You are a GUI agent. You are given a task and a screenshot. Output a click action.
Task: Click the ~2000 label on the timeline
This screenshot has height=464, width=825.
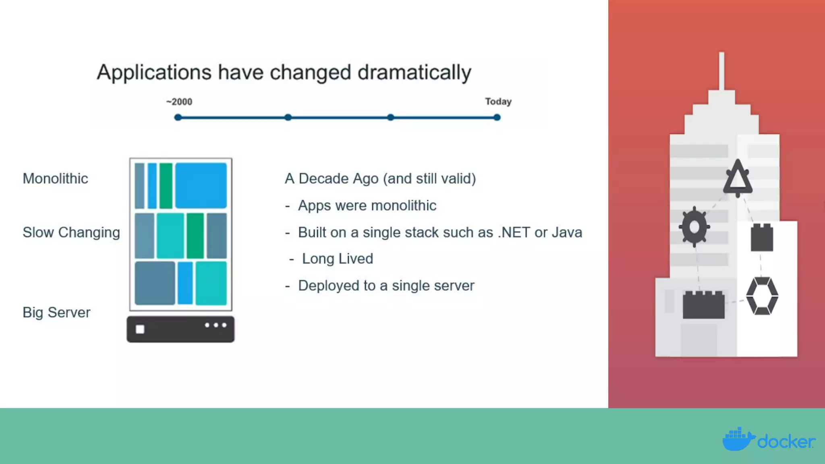pyautogui.click(x=179, y=102)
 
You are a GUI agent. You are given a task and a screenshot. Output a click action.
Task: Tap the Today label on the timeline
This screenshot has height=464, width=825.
pyautogui.click(x=498, y=101)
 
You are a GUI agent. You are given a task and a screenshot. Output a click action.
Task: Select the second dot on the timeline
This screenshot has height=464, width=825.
pyautogui.click(x=288, y=117)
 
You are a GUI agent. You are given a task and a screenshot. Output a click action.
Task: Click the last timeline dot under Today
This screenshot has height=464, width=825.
pyautogui.click(x=497, y=117)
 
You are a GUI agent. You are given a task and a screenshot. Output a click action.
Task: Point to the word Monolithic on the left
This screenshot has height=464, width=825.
pyautogui.click(x=55, y=178)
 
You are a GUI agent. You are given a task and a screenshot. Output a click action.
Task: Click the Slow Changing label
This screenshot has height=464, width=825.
pyautogui.click(x=71, y=232)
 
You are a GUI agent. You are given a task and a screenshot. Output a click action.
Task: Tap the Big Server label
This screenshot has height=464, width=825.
pyautogui.click(x=56, y=313)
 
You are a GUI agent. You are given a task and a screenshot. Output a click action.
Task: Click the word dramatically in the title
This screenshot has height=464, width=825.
pyautogui.click(x=414, y=73)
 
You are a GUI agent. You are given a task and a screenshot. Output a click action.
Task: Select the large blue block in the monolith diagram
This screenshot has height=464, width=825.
pyautogui.click(x=201, y=185)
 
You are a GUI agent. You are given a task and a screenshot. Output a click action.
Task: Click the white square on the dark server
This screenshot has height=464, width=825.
pyautogui.click(x=140, y=329)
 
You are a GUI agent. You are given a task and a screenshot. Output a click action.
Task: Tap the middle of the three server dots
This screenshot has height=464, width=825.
pyautogui.click(x=216, y=325)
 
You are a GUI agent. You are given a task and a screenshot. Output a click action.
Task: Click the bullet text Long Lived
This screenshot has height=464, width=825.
pyautogui.click(x=337, y=259)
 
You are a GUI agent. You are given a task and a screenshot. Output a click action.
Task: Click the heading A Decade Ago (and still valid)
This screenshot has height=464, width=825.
pyautogui.click(x=380, y=178)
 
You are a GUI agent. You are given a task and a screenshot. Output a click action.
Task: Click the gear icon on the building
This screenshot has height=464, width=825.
pyautogui.click(x=694, y=227)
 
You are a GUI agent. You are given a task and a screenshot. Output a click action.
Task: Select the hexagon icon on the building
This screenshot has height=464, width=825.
pyautogui.click(x=762, y=296)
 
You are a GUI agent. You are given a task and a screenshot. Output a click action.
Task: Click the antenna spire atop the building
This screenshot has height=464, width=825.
pyautogui.click(x=721, y=70)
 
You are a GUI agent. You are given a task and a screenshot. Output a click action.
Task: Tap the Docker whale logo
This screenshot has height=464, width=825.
pyautogui.click(x=738, y=439)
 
